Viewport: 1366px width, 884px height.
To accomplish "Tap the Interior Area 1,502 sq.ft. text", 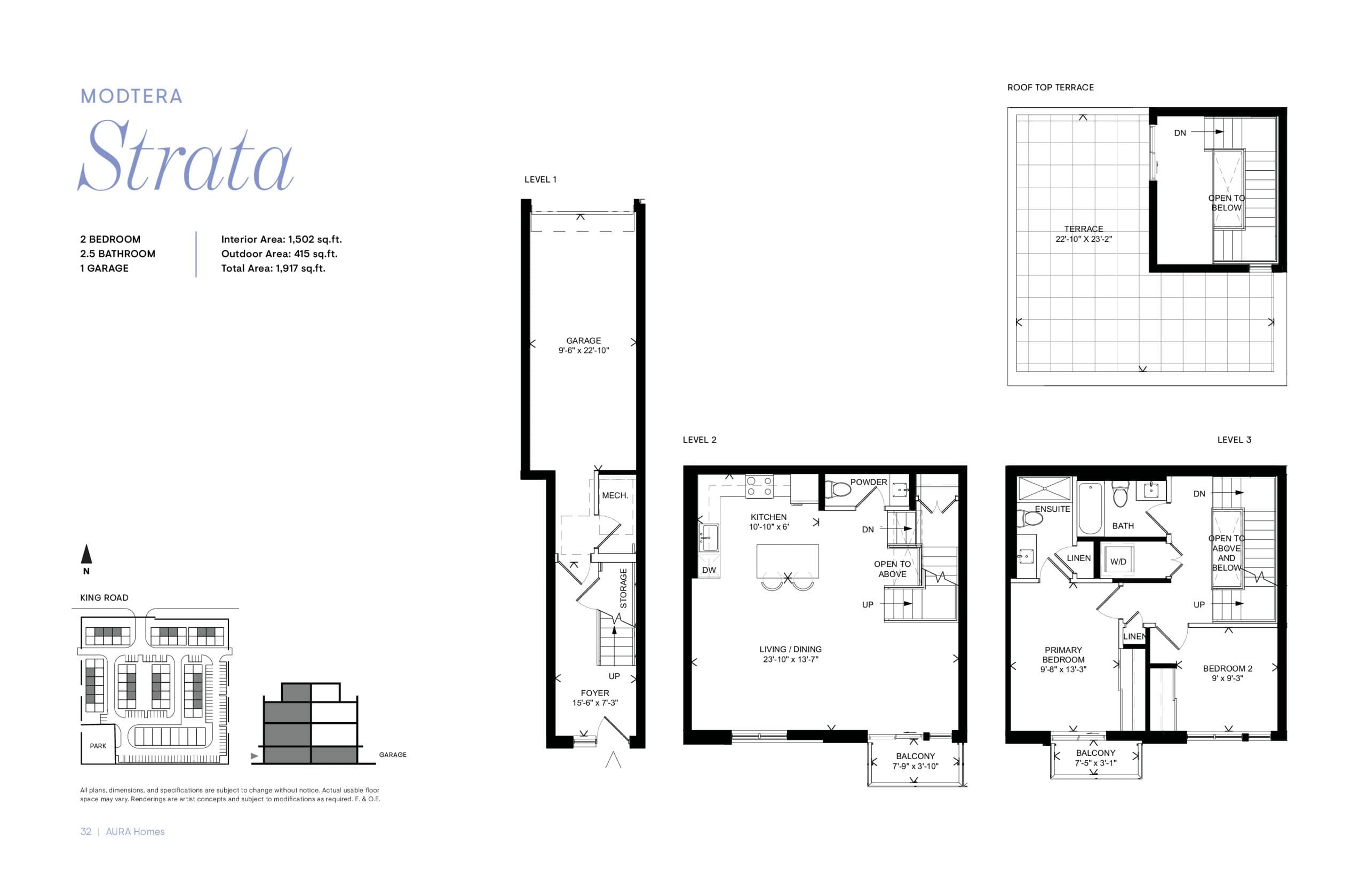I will [x=281, y=239].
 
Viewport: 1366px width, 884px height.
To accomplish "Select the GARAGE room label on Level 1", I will [x=583, y=341].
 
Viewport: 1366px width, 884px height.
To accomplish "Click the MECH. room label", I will [x=615, y=495].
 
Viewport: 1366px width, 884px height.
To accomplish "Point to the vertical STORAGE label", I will [x=624, y=588].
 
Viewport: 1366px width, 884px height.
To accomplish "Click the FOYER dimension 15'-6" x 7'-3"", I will [x=595, y=703].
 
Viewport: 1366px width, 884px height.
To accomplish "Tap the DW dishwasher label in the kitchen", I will [x=709, y=570].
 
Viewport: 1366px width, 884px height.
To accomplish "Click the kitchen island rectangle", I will [x=787, y=561].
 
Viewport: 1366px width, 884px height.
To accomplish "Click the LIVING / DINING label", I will [x=790, y=649].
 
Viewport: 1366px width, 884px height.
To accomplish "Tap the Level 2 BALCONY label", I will [x=915, y=756].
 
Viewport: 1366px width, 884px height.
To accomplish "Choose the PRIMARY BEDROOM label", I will [x=1063, y=654].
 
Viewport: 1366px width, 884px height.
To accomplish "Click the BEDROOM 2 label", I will [x=1227, y=668].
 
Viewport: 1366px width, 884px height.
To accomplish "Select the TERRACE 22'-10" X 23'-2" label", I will [x=1083, y=234].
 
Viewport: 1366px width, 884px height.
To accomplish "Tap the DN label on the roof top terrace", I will [x=1180, y=132].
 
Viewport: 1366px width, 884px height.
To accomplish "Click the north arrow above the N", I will [x=86, y=554].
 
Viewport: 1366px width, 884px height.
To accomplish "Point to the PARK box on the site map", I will [x=98, y=745].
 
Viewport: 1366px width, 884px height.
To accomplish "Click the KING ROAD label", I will [x=104, y=597].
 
